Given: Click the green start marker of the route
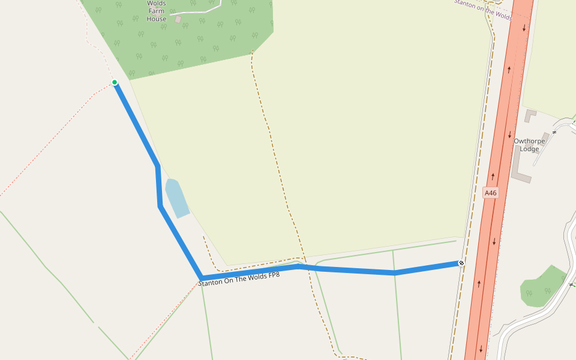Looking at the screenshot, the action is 115,82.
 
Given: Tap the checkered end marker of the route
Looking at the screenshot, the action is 461,263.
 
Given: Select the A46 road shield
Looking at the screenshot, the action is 491,193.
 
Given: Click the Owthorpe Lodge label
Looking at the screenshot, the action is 529,145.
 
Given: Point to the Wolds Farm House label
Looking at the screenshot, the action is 157,11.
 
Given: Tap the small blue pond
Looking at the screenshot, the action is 177,198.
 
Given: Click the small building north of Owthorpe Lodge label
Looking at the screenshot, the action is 530,115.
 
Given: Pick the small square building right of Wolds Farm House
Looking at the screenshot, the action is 178,19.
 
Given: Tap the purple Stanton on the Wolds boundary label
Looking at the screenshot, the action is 483,10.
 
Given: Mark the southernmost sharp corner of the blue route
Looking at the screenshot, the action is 201,278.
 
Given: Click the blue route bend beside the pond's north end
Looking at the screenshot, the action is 158,167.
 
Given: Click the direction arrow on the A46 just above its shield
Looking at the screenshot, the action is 493,176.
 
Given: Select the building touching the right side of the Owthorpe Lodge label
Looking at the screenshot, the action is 545,137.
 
